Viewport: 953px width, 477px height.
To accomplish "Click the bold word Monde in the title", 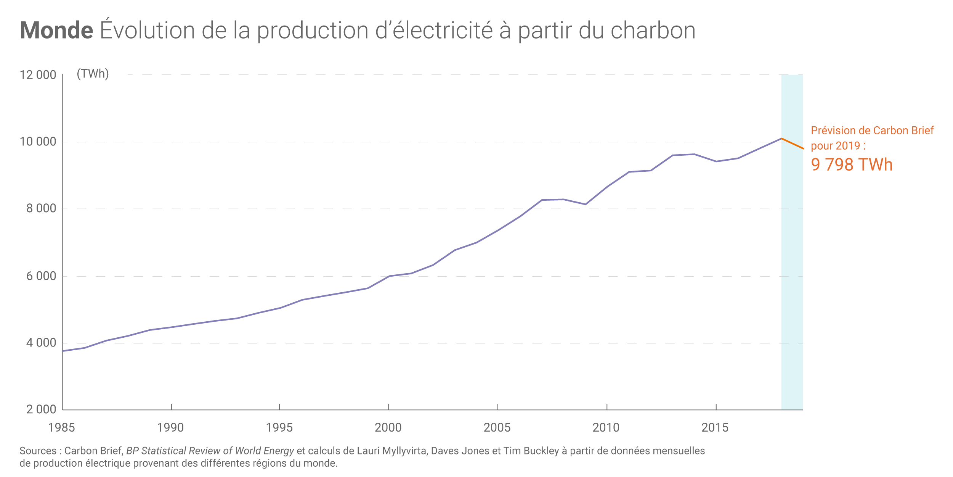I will point(56,31).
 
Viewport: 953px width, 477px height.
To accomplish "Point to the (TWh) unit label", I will point(93,73).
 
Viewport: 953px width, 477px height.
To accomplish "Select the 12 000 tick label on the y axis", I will point(38,75).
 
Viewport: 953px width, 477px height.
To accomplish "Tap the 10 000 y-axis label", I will point(38,142).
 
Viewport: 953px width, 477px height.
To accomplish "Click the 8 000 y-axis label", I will point(41,209).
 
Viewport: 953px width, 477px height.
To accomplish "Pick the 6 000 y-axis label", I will point(41,276).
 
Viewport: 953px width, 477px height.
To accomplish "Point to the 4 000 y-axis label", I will point(41,343).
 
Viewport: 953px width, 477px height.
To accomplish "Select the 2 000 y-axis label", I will point(41,409).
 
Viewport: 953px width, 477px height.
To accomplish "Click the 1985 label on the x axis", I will point(61,427).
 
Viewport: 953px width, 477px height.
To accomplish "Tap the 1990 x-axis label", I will point(170,427).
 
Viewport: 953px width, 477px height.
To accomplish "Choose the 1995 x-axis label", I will point(279,427).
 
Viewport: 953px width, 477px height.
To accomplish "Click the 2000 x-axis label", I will point(388,427).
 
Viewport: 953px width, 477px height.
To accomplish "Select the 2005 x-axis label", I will point(497,427).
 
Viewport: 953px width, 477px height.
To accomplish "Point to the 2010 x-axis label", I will point(606,427).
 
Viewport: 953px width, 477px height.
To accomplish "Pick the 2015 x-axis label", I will point(715,427).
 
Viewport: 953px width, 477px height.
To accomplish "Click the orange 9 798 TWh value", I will point(852,164).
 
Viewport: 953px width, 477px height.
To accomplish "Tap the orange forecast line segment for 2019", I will point(793,143).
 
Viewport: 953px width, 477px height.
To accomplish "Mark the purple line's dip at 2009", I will point(586,204).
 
